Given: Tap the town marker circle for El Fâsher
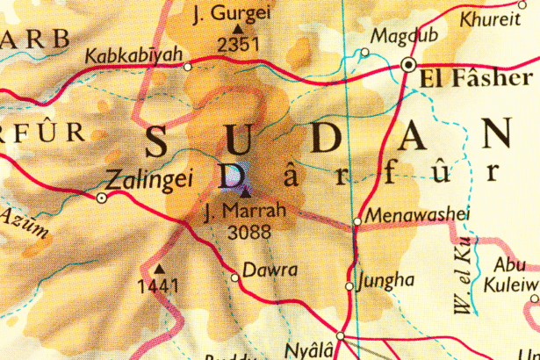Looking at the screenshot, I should click(x=407, y=65).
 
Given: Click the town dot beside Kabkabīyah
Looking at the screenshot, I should click(x=187, y=66).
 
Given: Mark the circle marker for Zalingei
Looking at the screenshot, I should click(x=102, y=198).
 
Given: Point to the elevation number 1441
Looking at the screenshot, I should click(x=158, y=285).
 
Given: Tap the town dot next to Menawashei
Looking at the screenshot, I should click(x=356, y=221).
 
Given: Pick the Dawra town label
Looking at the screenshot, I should click(x=270, y=270).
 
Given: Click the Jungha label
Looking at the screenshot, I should click(x=386, y=280).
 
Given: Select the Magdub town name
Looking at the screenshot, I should click(x=393, y=36).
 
